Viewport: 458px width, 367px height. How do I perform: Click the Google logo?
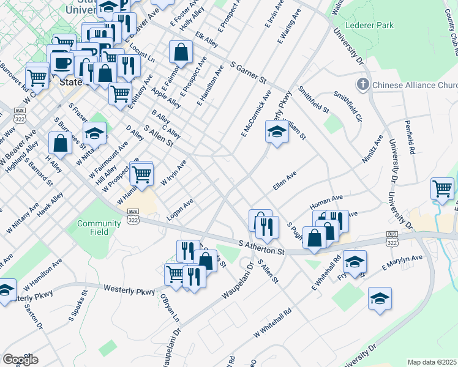[x=20, y=359]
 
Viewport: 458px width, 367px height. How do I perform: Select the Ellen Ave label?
[x=285, y=181]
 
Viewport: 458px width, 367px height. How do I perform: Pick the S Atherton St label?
[x=262, y=248]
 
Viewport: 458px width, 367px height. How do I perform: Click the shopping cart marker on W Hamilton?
[x=142, y=174]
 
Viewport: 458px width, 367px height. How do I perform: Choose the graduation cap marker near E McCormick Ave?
[x=276, y=132]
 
